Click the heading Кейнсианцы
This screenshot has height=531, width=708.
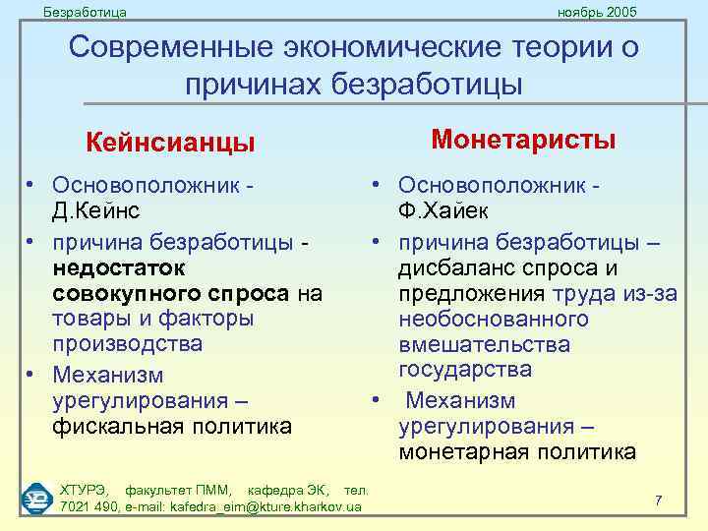pyautogui.click(x=170, y=144)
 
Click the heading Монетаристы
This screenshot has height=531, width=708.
pyautogui.click(x=524, y=140)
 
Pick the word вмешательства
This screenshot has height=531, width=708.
pyautogui.click(x=484, y=344)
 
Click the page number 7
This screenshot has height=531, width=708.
pyautogui.click(x=658, y=501)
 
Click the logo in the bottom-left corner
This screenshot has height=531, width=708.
pyautogui.click(x=36, y=499)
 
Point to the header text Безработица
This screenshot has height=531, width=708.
pyautogui.click(x=86, y=11)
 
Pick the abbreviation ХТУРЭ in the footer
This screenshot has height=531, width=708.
pyautogui.click(x=86, y=490)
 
